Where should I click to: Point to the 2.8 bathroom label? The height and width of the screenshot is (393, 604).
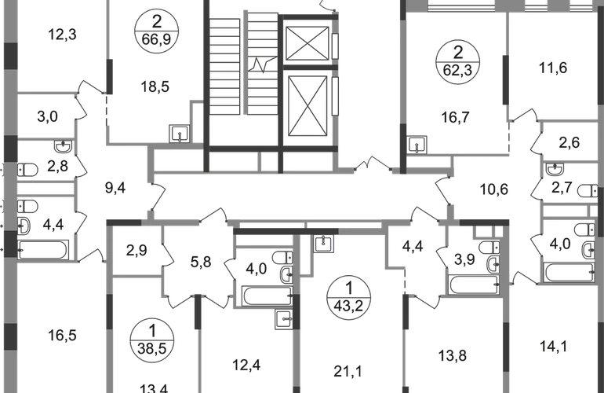point(56,167)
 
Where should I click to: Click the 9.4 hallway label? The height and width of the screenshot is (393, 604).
point(115,189)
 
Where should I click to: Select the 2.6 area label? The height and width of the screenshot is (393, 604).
point(569,143)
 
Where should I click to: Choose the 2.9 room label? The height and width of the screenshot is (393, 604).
point(138,253)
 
